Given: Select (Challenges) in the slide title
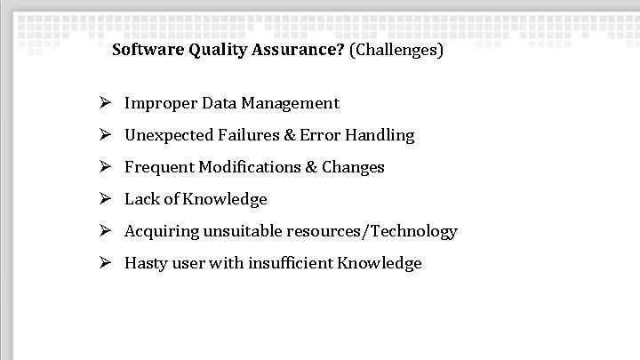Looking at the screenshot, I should (x=396, y=50).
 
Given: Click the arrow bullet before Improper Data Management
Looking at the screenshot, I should (x=104, y=103).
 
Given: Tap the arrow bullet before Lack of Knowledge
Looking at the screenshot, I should (x=104, y=199).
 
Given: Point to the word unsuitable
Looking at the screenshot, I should (x=243, y=231).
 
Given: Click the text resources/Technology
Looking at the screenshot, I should (x=372, y=231).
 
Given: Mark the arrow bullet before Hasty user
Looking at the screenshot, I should (x=104, y=263).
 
